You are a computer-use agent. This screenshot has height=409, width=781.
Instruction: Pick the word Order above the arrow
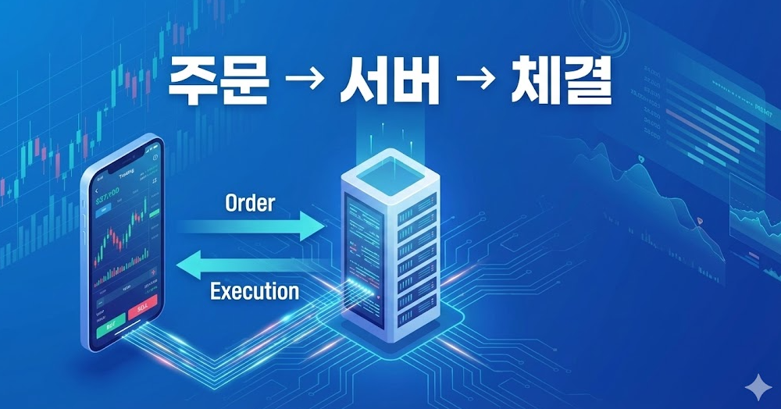tap(249, 203)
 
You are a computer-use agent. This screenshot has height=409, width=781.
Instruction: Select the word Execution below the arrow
tap(255, 292)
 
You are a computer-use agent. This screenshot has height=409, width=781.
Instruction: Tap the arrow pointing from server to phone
tap(250, 267)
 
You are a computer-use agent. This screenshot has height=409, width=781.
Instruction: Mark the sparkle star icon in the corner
tap(756, 388)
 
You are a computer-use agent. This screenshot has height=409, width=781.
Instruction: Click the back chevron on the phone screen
tap(97, 191)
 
